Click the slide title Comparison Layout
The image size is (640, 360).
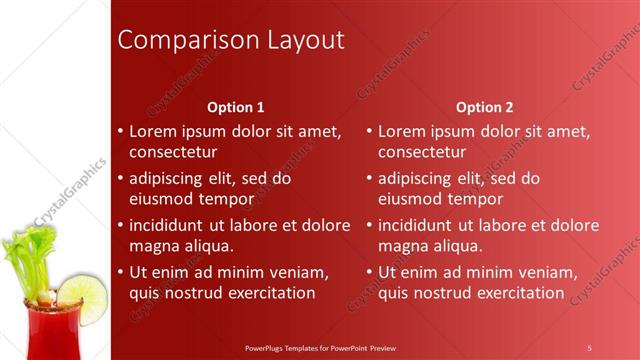[231, 40]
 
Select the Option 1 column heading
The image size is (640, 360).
[236, 107]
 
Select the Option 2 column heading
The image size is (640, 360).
[484, 107]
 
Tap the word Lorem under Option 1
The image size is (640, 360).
[153, 131]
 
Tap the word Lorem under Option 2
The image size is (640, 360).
[402, 131]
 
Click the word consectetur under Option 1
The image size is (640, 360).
[173, 152]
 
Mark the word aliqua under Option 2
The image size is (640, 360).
[457, 246]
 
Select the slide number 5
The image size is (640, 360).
[589, 347]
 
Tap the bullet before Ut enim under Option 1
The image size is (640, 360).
[121, 272]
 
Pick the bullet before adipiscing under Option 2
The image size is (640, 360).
[369, 179]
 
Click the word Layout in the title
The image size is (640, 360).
[300, 40]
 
